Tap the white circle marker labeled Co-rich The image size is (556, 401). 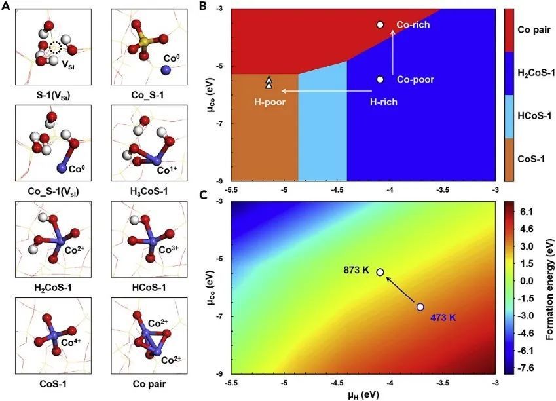pos(380,25)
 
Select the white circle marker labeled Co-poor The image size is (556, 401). pos(380,79)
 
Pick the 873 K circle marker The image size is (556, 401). pos(380,272)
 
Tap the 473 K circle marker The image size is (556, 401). pos(420,307)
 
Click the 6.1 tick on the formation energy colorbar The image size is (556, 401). pos(526,212)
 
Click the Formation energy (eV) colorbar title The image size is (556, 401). pos(549,289)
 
